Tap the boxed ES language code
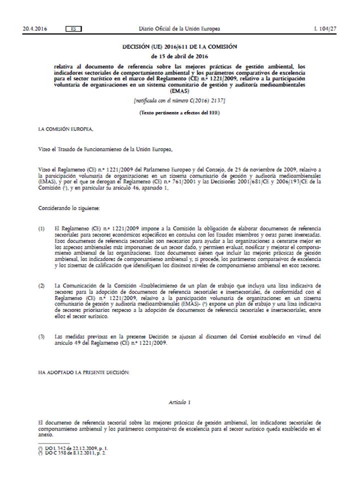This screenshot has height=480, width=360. click(73, 29)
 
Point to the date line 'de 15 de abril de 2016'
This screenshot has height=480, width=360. click(179, 55)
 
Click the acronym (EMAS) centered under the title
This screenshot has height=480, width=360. click(179, 91)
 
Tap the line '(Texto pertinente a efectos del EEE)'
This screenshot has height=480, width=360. click(179, 112)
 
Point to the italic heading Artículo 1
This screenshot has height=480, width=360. click(179, 402)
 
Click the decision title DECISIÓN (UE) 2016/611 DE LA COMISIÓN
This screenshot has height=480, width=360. click(179, 46)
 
